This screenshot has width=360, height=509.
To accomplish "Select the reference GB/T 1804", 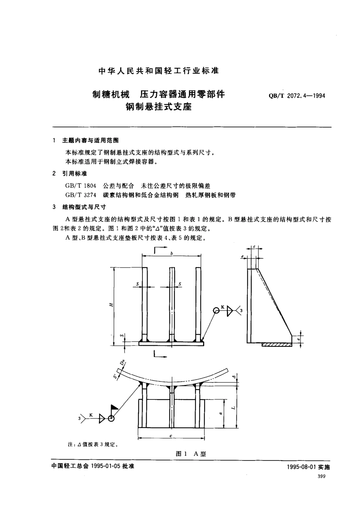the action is coord(81,186).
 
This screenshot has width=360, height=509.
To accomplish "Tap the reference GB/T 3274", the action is coord(81,195).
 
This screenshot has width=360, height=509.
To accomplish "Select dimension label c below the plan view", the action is coord(171,436).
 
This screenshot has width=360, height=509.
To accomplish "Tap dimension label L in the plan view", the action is coord(234,408).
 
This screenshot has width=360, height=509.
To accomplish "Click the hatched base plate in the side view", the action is coord(277,345).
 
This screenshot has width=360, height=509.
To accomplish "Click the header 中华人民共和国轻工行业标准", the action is coord(158,70).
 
